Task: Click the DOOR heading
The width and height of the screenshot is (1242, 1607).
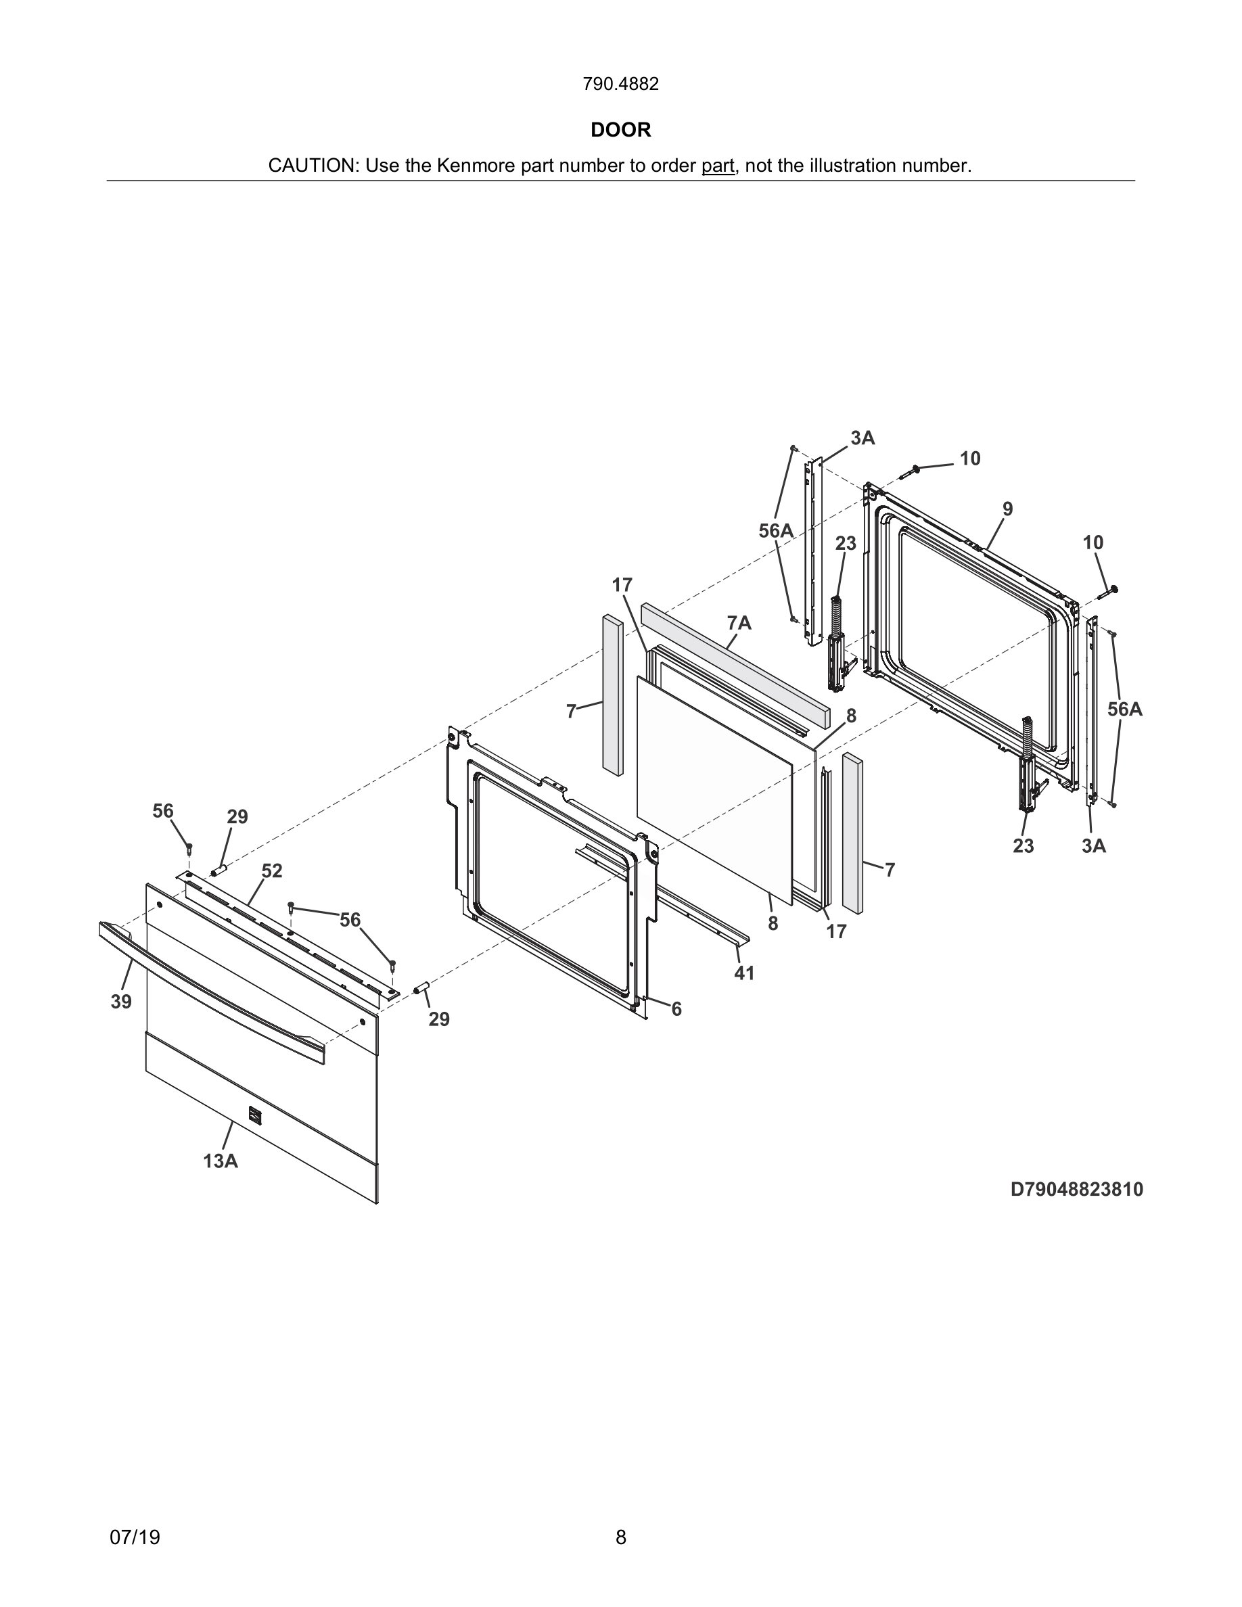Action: [620, 131]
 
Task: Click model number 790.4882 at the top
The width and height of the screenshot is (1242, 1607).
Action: [620, 84]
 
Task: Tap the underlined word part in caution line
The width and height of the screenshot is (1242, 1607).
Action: [717, 166]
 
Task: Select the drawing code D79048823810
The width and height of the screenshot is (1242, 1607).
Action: [1076, 1189]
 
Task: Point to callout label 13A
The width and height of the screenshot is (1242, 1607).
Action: [220, 1161]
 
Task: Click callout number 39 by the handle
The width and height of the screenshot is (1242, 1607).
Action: [121, 1002]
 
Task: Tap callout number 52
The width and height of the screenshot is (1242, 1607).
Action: [271, 870]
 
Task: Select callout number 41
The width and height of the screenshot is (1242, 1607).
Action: [744, 973]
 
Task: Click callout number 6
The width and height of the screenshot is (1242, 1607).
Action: [676, 1010]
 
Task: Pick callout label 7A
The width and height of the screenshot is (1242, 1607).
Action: [739, 623]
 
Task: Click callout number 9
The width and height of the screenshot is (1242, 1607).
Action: [1007, 509]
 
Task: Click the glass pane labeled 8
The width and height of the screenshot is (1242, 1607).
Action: [714, 787]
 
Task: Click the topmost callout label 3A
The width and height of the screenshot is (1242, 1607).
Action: [862, 438]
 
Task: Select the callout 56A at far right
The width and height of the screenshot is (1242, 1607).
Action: [1124, 709]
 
